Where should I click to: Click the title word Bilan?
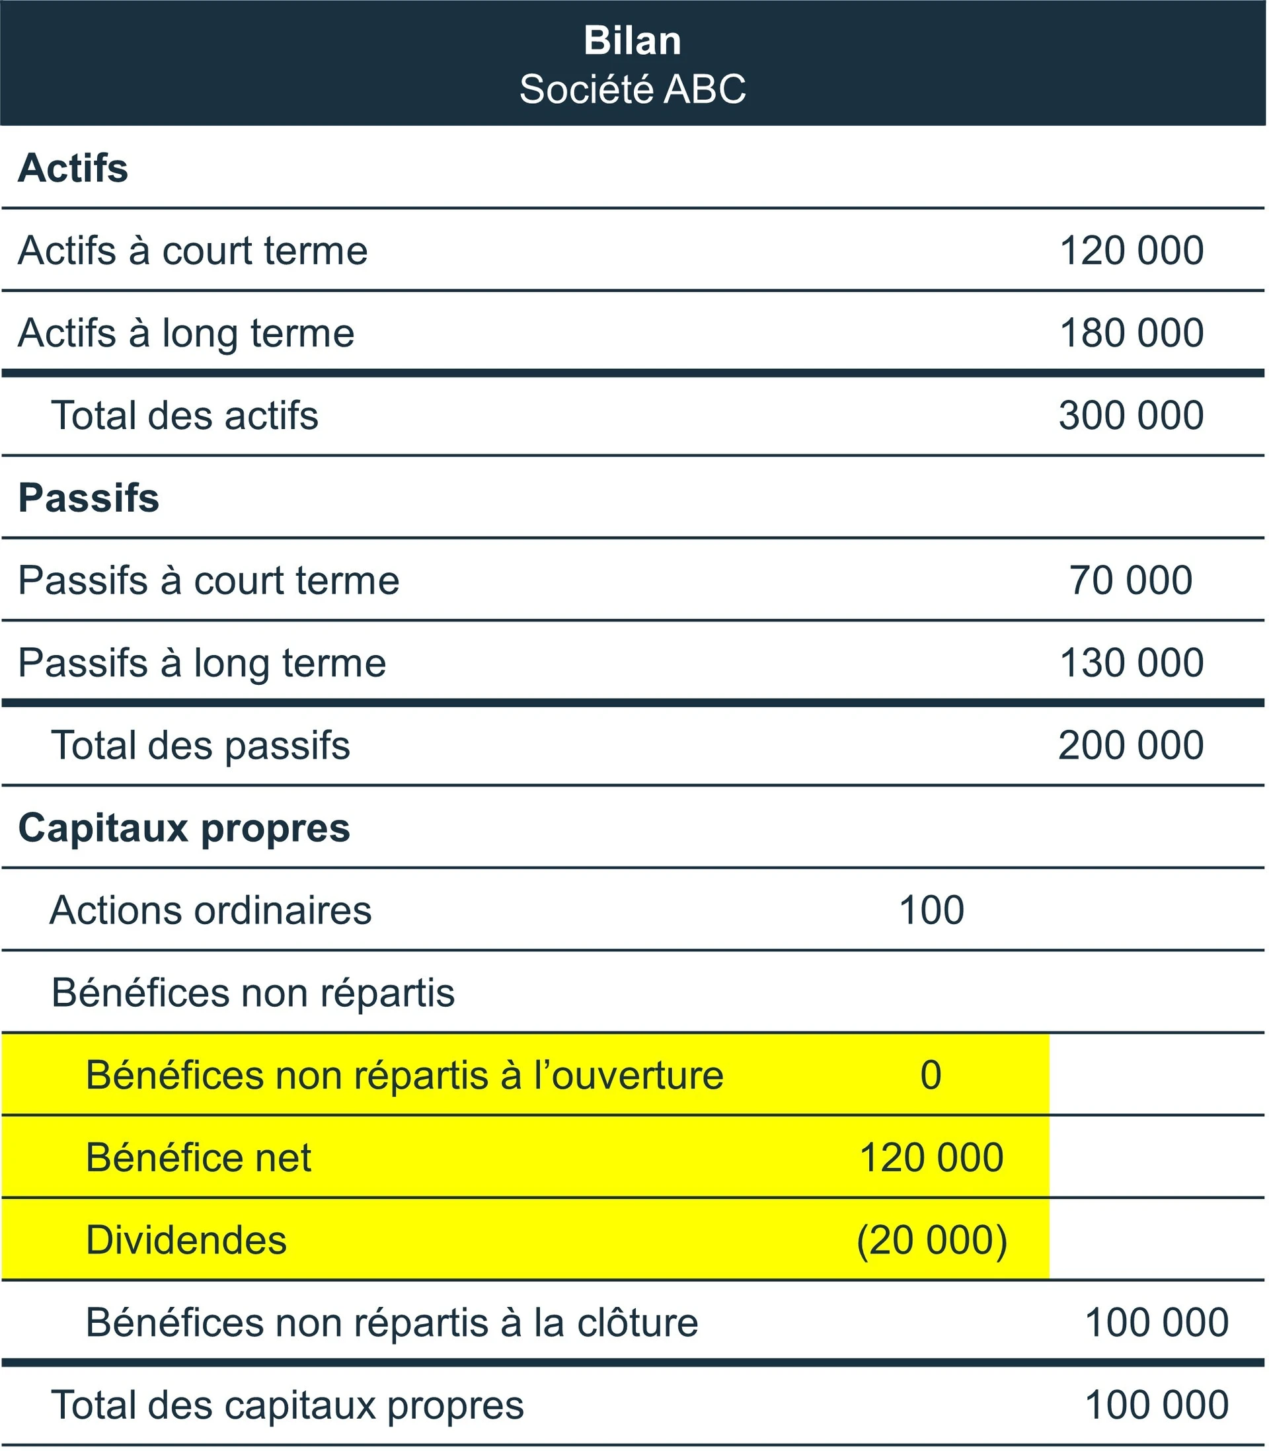[633, 41]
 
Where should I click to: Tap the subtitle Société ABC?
[633, 89]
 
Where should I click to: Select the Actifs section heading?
[73, 169]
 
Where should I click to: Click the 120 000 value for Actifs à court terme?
[1131, 251]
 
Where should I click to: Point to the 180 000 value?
[1131, 333]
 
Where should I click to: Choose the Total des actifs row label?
[185, 416]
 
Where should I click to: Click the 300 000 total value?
[1131, 416]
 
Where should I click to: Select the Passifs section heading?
[89, 498]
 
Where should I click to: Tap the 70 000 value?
[1131, 580]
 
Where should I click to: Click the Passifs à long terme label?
[202, 664]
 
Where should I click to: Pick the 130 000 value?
[1131, 664]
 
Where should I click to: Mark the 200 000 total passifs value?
[1131, 746]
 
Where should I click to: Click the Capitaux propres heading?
[184, 828]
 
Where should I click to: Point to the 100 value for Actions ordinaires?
[931, 911]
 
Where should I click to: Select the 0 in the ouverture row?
[931, 1076]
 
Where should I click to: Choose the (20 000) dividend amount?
[931, 1241]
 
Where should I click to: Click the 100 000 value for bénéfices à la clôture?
[1157, 1323]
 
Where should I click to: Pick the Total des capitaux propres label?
[288, 1405]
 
